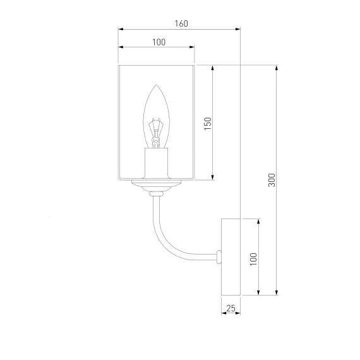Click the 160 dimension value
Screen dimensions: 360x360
point(181,23)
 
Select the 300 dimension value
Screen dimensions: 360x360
point(272,180)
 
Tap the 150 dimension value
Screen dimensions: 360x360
point(208,124)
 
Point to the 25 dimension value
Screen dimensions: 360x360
point(231,308)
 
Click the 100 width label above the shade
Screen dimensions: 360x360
point(159,42)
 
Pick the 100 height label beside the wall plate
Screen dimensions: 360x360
point(253,259)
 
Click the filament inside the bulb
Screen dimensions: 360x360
point(156,133)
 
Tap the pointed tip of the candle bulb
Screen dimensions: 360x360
point(157,85)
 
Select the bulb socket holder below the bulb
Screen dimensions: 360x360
point(157,163)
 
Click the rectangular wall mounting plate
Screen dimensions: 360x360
point(231,257)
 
